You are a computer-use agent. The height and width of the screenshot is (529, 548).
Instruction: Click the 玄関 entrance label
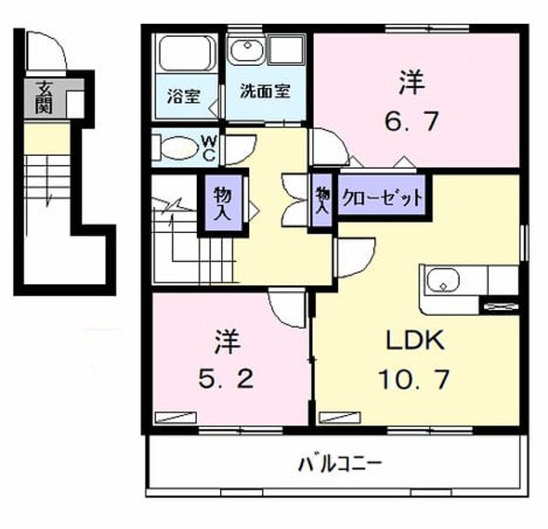[44, 97]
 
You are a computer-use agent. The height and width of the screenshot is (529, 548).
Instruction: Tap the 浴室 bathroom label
[184, 96]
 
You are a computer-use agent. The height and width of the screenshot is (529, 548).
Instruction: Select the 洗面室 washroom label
[265, 92]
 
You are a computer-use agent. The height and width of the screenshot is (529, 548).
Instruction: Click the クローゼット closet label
[382, 198]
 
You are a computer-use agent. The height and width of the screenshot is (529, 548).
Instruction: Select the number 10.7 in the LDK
[414, 379]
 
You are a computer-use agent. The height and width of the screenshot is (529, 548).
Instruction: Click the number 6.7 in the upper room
[411, 121]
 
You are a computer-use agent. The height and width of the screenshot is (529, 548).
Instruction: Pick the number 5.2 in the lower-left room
[226, 379]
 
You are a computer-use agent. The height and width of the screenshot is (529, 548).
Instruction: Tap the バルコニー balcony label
[341, 464]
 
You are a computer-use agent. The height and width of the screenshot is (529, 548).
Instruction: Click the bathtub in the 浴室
[187, 53]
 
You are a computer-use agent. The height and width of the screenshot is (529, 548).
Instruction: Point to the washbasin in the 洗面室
[247, 51]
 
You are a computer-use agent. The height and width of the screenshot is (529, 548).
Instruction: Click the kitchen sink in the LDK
[442, 281]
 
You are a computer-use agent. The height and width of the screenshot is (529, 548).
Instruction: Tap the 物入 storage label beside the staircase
[223, 203]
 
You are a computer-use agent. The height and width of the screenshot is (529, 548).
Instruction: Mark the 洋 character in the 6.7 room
[412, 82]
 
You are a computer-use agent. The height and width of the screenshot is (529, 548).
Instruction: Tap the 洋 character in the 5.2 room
[227, 341]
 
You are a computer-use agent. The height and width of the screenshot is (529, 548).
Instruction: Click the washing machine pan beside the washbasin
[286, 50]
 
